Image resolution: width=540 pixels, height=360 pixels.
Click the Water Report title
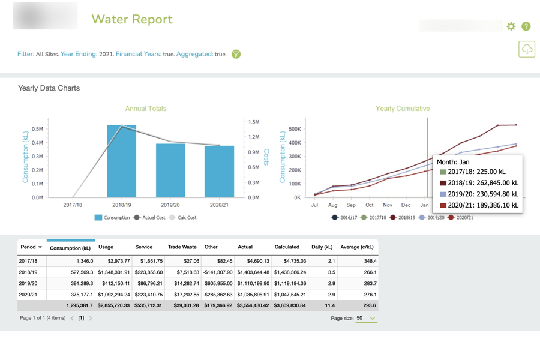131,19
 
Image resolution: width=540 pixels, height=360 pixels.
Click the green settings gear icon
511,26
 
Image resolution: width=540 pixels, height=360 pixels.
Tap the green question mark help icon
526,26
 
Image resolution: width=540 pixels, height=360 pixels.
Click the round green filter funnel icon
236,54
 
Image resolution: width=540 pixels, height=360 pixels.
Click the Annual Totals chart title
146,109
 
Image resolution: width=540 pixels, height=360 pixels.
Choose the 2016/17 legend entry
344,218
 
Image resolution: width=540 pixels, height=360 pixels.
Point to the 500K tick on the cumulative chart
295,129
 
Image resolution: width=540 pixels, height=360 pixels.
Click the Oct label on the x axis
370,205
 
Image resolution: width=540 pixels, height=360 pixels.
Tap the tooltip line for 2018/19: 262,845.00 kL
479,183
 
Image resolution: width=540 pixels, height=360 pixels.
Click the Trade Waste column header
182,247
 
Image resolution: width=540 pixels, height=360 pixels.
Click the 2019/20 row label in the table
28,283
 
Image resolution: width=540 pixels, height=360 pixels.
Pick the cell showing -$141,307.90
218,272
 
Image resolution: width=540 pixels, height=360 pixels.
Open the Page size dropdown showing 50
365,319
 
